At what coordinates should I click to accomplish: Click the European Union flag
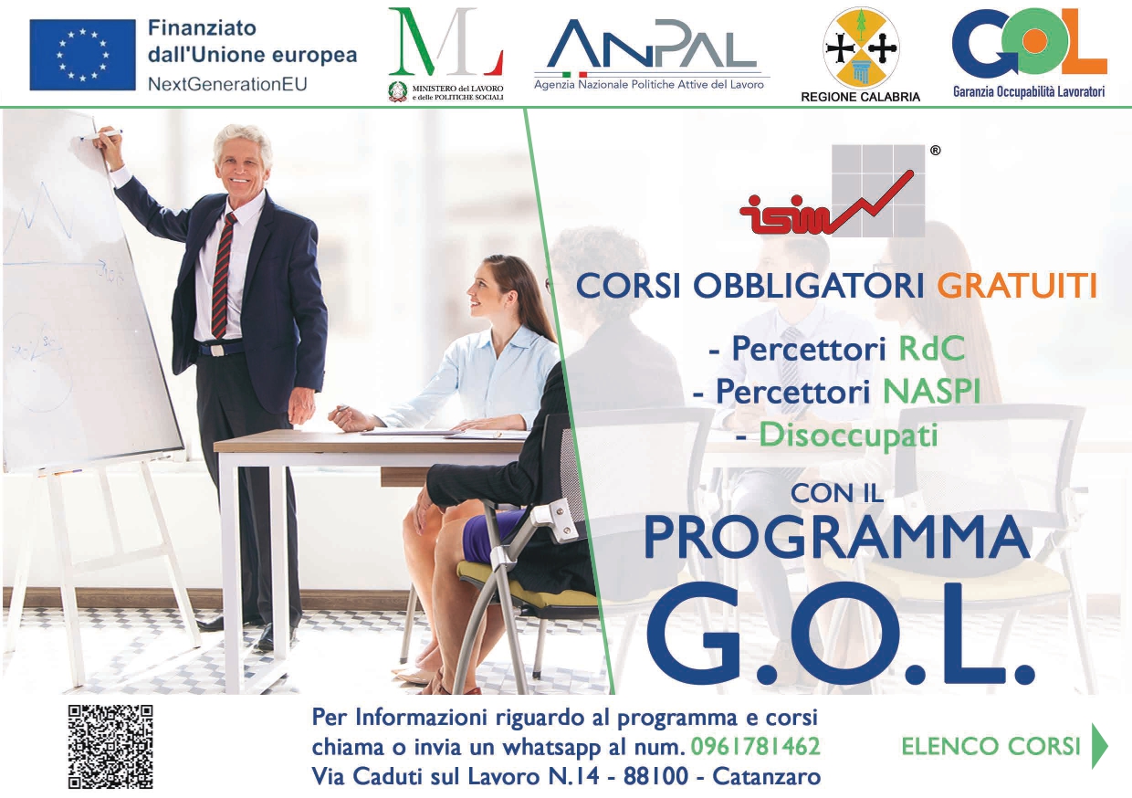tap(82, 55)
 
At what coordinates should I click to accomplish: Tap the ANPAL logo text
tap(652, 44)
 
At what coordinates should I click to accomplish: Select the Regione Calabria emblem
tap(861, 47)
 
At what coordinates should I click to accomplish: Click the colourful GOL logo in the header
tap(1029, 42)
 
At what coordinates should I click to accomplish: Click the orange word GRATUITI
tap(1017, 286)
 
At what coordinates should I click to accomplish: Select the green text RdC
tap(932, 348)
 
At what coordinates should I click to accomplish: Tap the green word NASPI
tap(931, 391)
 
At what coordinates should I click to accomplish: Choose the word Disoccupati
tap(848, 436)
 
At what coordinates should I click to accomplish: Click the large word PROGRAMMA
tap(837, 537)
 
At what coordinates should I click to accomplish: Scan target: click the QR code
tap(110, 747)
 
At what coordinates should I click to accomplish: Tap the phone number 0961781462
tap(755, 747)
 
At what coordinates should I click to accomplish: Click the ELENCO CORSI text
tap(991, 747)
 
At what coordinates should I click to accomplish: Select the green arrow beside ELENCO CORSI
tap(1100, 746)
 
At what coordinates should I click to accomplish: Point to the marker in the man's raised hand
tap(100, 135)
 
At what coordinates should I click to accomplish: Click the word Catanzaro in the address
tap(767, 777)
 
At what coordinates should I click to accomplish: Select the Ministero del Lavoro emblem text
tap(458, 92)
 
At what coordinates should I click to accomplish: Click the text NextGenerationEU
tap(227, 84)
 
